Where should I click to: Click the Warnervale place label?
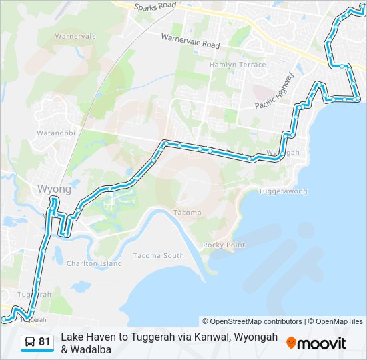pos(75,36)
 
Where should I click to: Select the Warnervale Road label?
pos(190,41)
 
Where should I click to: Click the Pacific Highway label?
pos(274,91)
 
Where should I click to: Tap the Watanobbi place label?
pos(57,133)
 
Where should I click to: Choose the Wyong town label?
pos(55,188)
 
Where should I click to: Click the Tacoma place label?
pos(187,213)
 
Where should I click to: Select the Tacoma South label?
pos(159,255)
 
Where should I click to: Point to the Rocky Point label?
pos(224,245)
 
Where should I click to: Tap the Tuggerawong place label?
pos(283,191)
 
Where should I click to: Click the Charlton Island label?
pos(94,263)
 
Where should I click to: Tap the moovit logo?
pos(316,343)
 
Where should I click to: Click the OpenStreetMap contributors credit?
pos(252,321)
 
